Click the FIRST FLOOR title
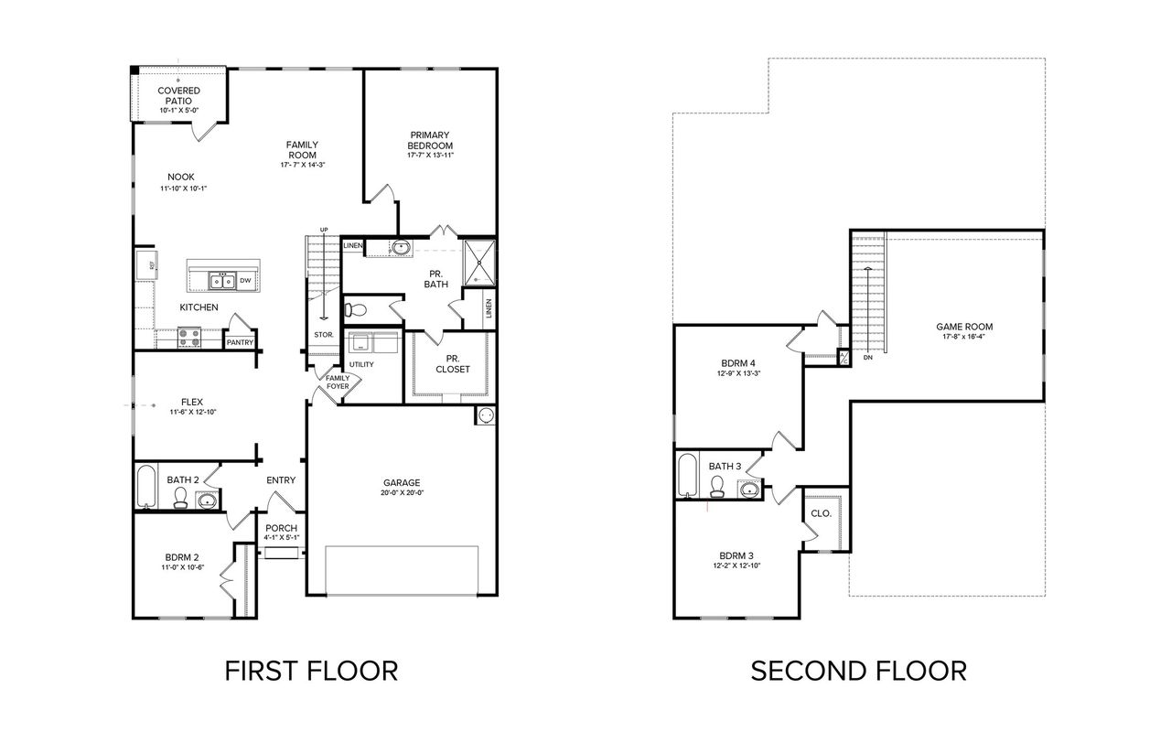[311, 671]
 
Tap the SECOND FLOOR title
[858, 671]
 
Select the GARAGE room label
[402, 482]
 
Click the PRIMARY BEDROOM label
[430, 140]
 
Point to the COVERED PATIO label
[178, 95]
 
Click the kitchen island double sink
[222, 281]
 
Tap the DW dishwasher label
[245, 281]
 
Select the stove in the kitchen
[188, 337]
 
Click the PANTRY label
[240, 343]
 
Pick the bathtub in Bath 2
[145, 487]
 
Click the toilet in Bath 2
[181, 497]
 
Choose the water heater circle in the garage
[485, 416]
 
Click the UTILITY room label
[360, 365]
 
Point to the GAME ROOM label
[963, 327]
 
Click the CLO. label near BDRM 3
[821, 513]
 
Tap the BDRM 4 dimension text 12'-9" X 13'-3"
[740, 373]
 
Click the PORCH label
[281, 528]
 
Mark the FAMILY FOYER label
[337, 382]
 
